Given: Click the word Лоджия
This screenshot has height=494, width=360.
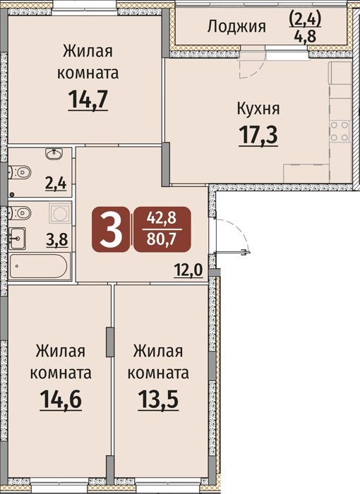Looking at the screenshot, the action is click(236, 27).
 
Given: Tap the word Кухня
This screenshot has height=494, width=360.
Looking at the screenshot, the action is click(258, 109).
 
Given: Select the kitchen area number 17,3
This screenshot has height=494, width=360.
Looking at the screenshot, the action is click(258, 134).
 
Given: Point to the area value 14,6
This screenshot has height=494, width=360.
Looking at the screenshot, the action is click(61, 399).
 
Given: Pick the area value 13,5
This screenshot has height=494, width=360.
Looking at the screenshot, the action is click(158, 399).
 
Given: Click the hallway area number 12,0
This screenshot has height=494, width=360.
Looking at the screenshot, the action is click(188, 270).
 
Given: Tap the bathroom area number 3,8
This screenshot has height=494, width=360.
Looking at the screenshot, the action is click(57, 240).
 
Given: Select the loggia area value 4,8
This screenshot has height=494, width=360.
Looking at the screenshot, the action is click(305, 37).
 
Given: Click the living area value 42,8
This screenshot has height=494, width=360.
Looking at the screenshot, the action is click(162, 218).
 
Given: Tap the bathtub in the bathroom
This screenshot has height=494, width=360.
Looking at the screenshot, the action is click(38, 267).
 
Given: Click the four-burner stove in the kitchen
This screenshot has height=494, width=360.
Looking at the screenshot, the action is click(340, 131).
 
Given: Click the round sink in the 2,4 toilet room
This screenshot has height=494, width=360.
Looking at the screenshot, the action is click(54, 153).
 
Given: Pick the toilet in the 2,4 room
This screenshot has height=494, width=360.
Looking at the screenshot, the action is click(20, 172).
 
